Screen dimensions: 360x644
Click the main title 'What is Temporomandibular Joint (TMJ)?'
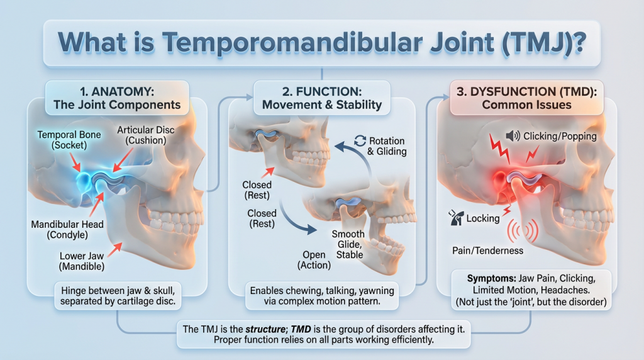click(321, 43)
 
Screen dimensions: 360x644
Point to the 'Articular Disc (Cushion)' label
click(142, 135)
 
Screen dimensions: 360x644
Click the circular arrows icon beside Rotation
click(360, 141)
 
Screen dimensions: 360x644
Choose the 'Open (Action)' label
click(314, 261)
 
